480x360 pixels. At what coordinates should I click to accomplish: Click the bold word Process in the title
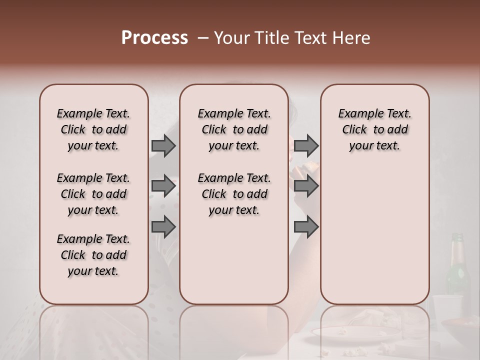154,38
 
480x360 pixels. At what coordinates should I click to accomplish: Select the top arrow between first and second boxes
163,145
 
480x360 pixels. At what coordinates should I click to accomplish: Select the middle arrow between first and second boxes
163,186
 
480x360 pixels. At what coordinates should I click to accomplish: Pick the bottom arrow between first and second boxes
163,227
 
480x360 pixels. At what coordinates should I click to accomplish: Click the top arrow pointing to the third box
306,145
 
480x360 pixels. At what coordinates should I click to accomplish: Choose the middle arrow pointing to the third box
306,186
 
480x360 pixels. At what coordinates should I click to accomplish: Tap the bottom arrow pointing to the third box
306,227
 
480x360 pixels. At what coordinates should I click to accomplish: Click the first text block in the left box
93,129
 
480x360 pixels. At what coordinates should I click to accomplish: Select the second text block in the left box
93,194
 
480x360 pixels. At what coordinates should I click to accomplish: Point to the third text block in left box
93,255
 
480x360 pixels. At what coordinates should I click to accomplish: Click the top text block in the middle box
234,129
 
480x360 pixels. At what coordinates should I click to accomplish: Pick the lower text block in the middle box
234,194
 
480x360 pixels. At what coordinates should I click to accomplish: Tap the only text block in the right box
374,129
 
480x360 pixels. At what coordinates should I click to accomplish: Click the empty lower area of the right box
374,235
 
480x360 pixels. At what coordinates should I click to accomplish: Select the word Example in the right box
356,113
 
